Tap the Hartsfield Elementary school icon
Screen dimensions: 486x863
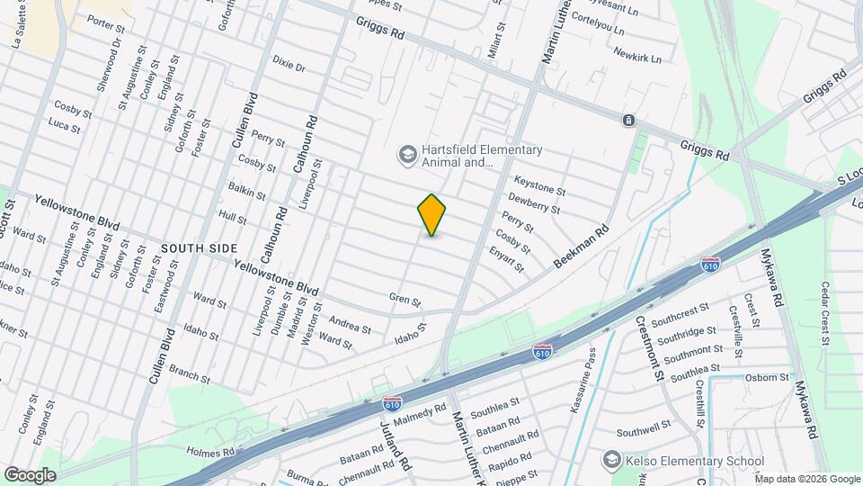click(x=407, y=156)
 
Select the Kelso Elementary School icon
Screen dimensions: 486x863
click(x=611, y=461)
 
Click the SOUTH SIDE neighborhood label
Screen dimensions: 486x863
click(x=200, y=247)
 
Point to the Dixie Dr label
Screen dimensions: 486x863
click(x=289, y=67)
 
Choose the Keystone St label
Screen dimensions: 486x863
click(x=539, y=191)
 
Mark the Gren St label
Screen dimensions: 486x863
click(x=405, y=298)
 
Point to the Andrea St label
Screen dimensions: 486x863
click(x=350, y=325)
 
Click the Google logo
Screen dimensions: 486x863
click(x=30, y=474)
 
